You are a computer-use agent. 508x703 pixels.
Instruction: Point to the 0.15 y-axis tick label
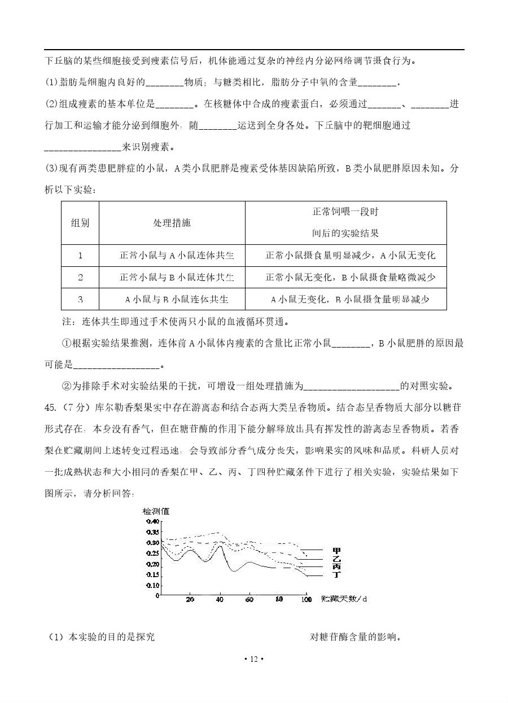point(152,575)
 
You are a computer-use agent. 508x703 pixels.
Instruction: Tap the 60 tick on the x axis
point(249,599)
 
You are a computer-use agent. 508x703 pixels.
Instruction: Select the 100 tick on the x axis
point(306,599)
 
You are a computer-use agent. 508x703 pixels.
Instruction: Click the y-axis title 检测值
point(156,512)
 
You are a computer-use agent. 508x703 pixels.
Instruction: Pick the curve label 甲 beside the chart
point(337,550)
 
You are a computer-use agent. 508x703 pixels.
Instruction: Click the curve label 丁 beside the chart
point(337,575)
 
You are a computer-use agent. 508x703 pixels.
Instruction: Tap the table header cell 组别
point(80,223)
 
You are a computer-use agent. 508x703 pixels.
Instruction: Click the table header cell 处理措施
point(172,223)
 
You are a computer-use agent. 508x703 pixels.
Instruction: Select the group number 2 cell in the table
point(80,277)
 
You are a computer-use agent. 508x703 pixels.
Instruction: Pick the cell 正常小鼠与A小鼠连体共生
point(177,256)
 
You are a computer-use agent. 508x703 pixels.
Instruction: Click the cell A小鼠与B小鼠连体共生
point(177,299)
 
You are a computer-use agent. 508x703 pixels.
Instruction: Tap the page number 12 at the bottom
point(253,659)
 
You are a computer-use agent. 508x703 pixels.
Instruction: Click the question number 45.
point(50,407)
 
